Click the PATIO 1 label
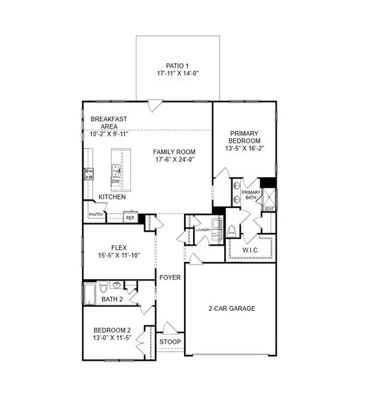[x=174, y=65]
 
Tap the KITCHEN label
[x=112, y=197]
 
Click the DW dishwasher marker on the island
[x=116, y=181]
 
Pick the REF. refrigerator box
[x=130, y=217]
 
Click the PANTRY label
[x=97, y=214]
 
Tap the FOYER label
[x=170, y=278]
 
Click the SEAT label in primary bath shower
[x=268, y=208]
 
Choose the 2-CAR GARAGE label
[x=233, y=308]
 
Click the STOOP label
[x=170, y=342]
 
